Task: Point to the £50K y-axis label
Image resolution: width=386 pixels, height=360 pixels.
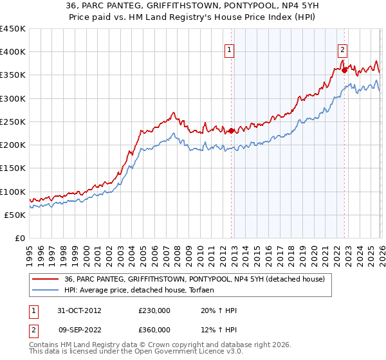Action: pyautogui.click(x=15, y=215)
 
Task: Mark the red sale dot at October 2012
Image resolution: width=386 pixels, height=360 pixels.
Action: pyautogui.click(x=231, y=130)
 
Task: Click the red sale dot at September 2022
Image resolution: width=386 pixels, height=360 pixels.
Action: pyautogui.click(x=344, y=69)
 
